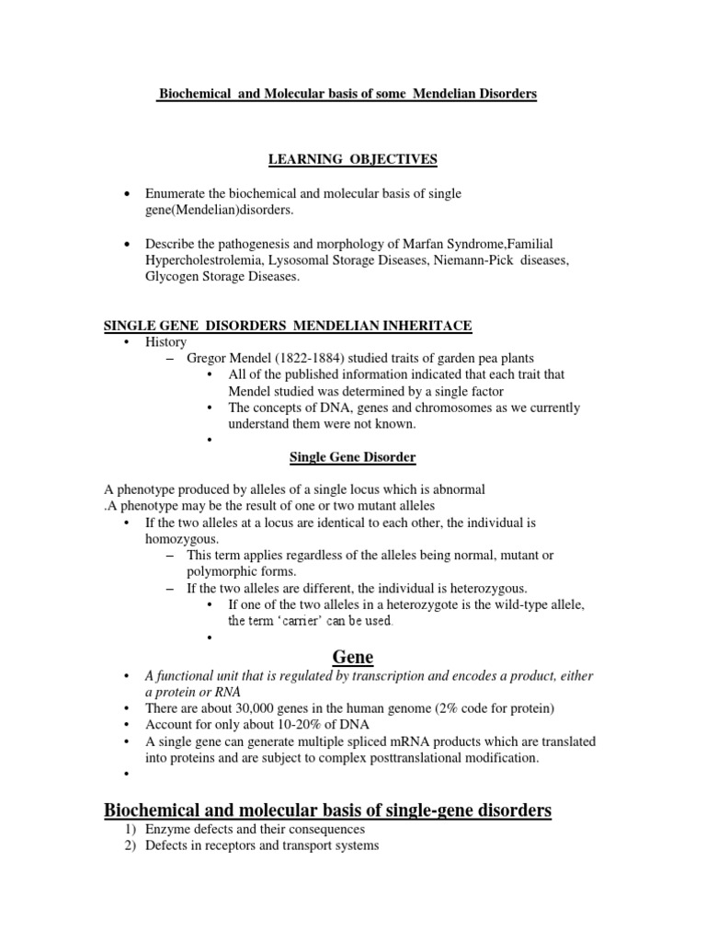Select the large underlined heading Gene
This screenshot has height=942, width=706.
[352, 655]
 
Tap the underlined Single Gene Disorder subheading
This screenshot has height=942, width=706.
[352, 456]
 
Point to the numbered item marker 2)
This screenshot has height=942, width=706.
[131, 845]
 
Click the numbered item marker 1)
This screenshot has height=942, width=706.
[131, 829]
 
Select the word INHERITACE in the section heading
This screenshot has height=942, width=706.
[431, 325]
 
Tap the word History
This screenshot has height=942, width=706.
[166, 341]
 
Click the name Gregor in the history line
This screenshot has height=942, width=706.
[208, 358]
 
